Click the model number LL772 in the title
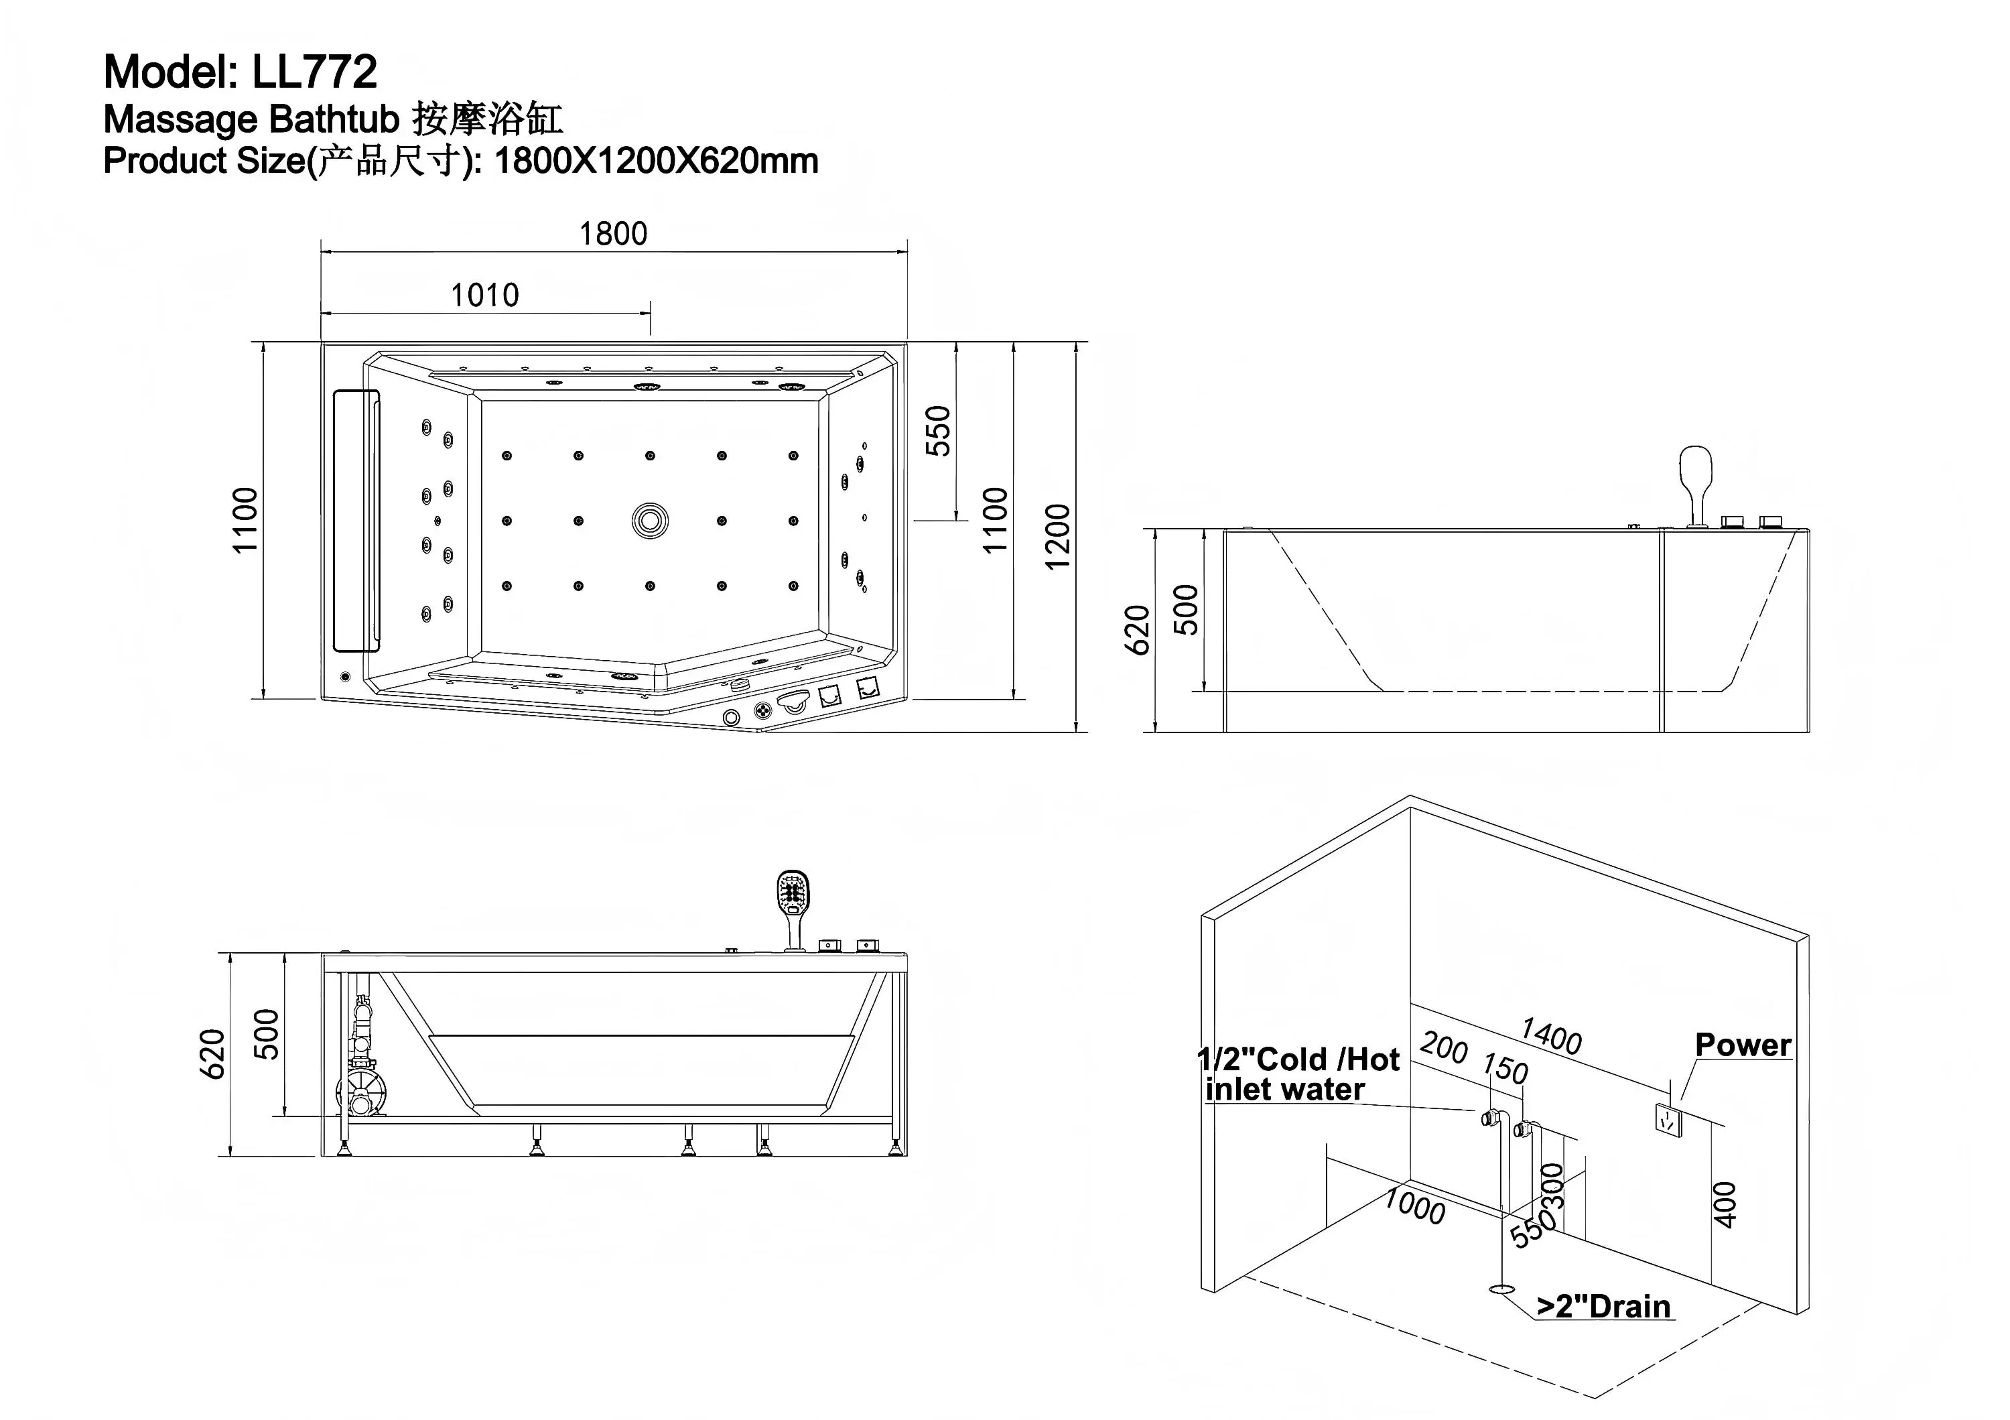314,72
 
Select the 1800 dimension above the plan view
613,234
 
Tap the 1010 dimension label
484,295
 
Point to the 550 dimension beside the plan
937,431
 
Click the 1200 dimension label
1057,536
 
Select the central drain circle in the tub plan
650,521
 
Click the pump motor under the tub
362,1094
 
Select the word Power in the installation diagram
1742,1045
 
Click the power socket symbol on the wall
1668,1120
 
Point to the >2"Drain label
1604,1307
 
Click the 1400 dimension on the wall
1550,1037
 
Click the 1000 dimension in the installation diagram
1414,1208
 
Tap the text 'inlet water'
1284,1090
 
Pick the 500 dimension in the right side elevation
1185,609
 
